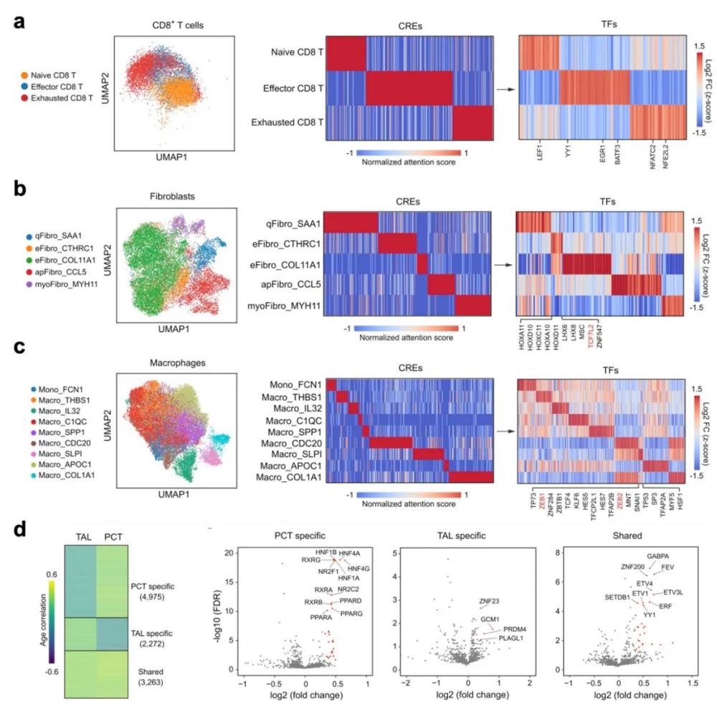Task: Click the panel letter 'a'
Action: pyautogui.click(x=22, y=22)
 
